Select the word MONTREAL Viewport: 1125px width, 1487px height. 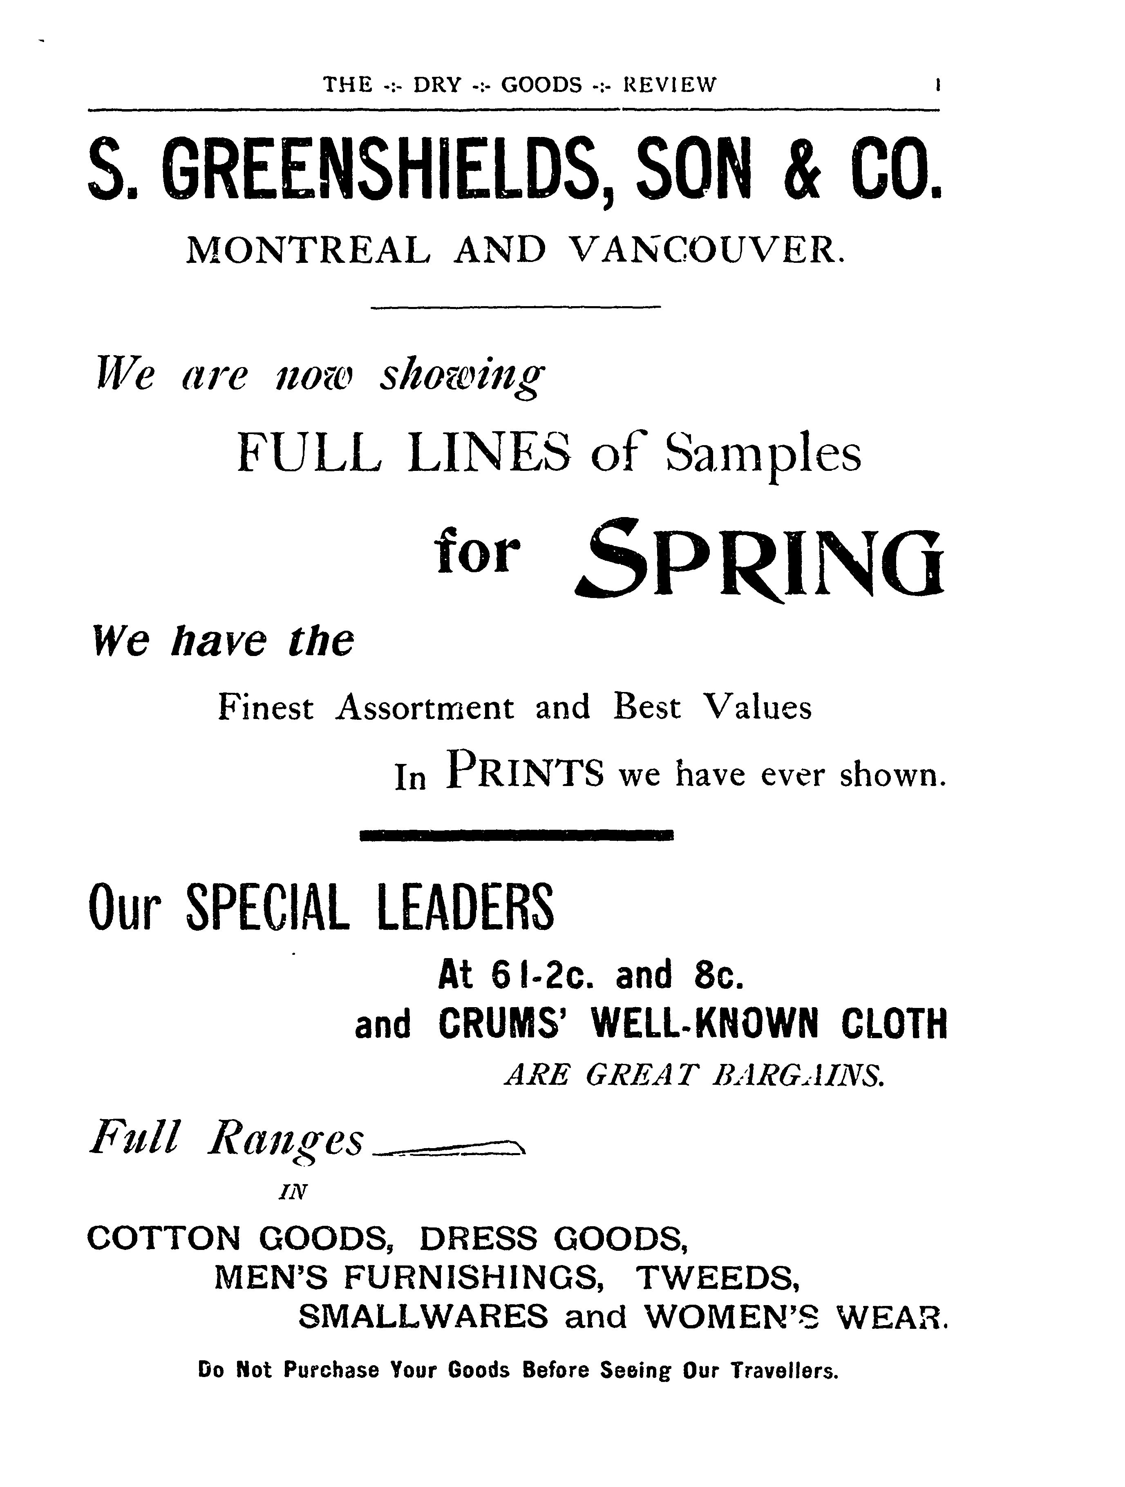[x=307, y=251]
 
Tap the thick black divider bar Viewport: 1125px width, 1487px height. [x=516, y=835]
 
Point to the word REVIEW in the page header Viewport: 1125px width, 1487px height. [x=670, y=85]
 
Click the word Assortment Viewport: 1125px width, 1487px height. [x=425, y=708]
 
